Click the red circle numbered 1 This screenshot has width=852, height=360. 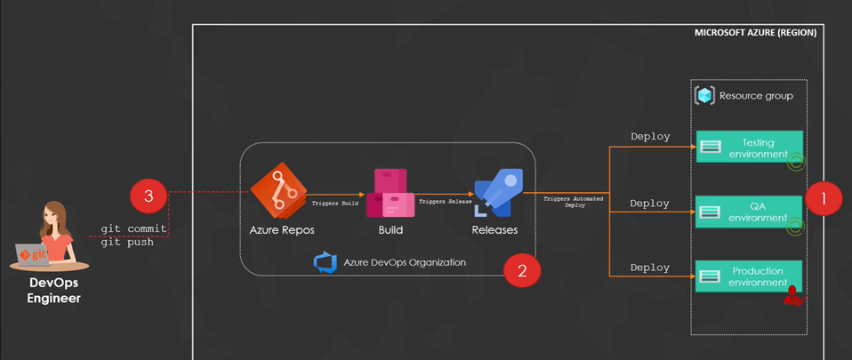[824, 199]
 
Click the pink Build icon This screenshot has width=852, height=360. [390, 193]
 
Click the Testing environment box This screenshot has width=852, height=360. [750, 148]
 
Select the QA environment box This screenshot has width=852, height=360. [750, 212]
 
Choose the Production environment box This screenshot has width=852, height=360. [750, 276]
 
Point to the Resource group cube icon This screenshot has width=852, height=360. [705, 96]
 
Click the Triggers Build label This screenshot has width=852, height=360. [335, 204]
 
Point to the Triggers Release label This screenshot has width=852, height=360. [445, 202]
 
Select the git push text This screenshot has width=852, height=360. [127, 242]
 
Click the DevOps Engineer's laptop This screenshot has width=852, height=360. [34, 255]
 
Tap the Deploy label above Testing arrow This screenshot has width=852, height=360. [650, 137]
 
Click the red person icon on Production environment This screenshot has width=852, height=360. [792, 298]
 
